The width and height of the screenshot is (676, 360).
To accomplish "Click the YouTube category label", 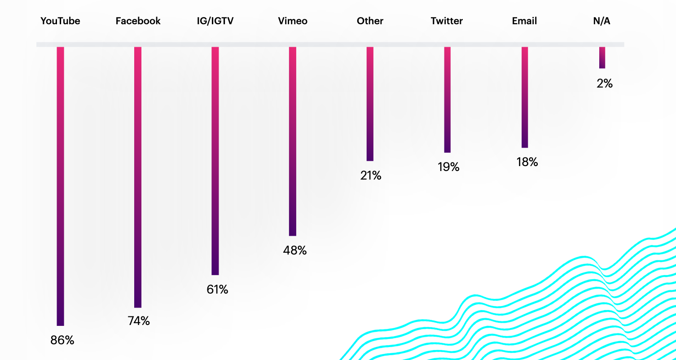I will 60,21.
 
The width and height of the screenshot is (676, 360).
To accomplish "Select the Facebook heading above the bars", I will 138,21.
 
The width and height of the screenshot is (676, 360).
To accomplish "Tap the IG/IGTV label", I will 215,21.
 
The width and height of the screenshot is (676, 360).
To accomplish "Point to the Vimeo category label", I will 293,21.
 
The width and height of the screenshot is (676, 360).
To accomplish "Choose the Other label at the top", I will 370,21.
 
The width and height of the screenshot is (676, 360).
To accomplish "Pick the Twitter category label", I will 447,21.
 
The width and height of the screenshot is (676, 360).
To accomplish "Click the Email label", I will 524,21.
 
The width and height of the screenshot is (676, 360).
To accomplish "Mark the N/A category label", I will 601,21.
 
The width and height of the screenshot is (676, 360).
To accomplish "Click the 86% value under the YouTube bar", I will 62,340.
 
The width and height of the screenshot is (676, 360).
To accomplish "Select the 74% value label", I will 139,321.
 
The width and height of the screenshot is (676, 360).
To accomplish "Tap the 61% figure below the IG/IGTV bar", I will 217,290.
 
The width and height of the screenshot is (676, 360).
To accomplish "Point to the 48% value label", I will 294,250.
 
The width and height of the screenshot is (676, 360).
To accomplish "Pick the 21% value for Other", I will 371,176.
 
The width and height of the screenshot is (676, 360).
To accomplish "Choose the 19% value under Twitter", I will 448,167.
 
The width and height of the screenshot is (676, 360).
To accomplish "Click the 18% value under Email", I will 527,162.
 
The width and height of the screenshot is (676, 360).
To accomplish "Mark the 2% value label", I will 604,83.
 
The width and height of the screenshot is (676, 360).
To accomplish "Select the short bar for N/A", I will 602,57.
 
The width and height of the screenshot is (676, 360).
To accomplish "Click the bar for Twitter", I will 447,100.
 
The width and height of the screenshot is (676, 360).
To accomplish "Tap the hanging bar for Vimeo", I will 293,141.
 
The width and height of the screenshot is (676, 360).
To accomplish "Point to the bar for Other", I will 370,104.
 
